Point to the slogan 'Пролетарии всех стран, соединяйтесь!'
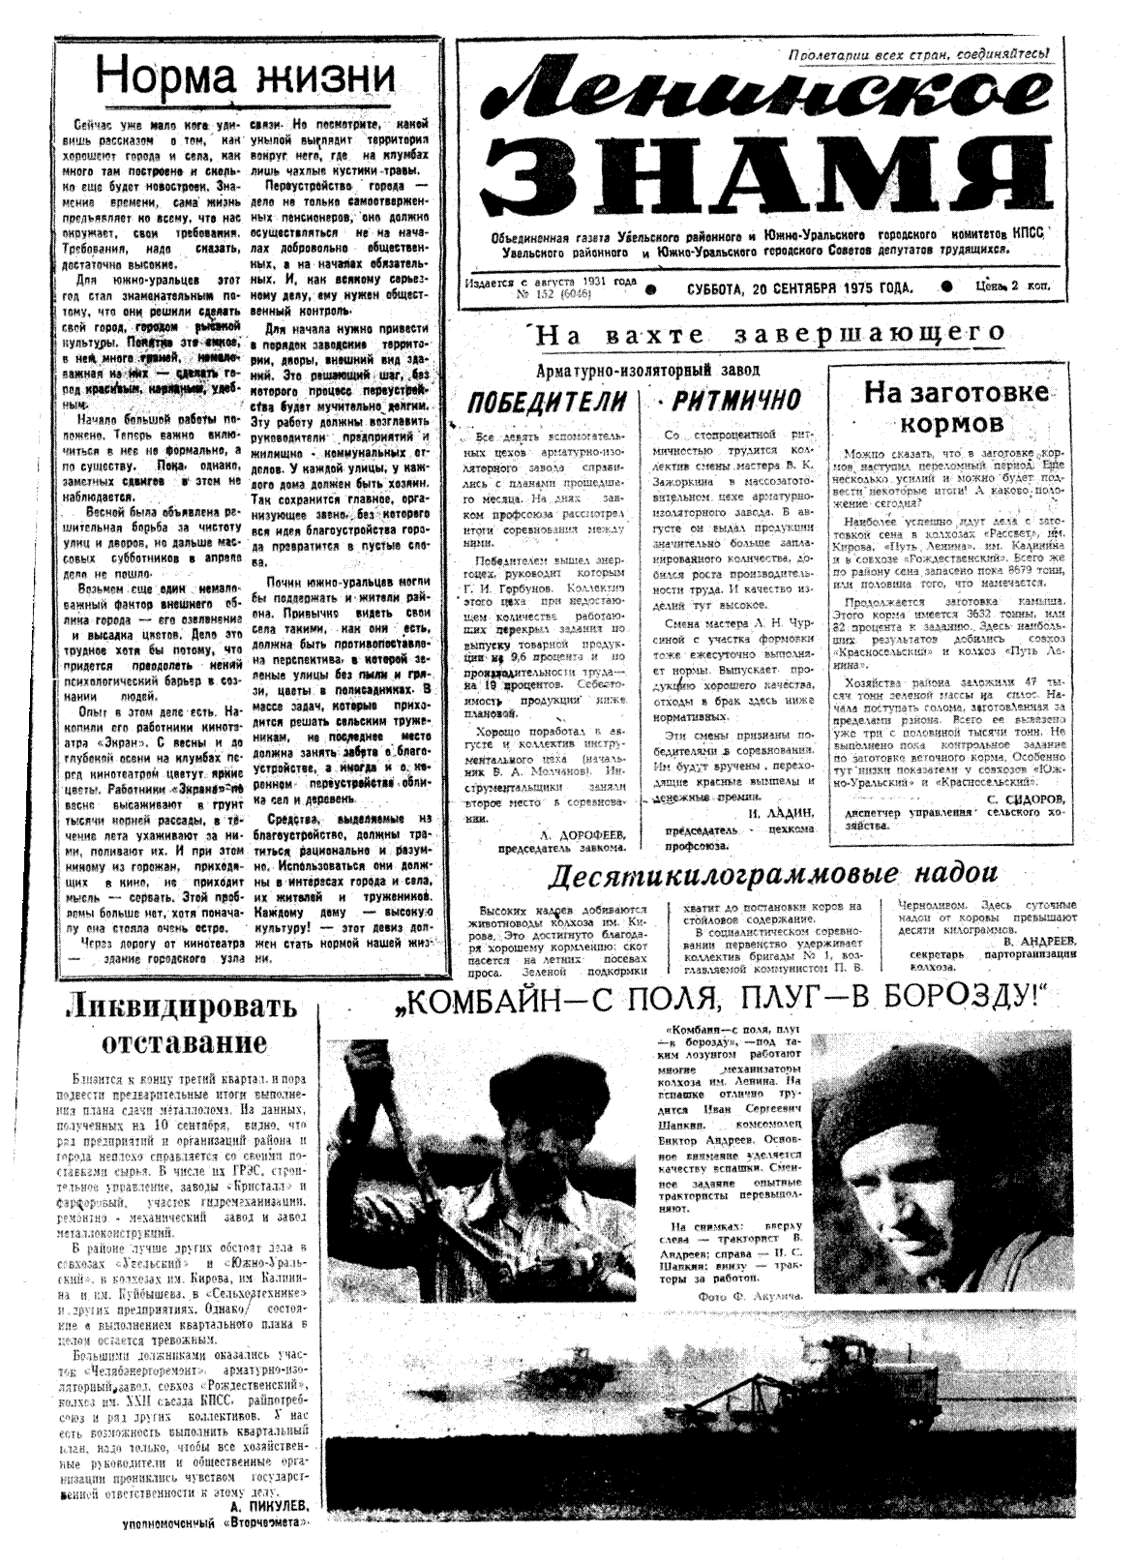pyautogui.click(x=919, y=54)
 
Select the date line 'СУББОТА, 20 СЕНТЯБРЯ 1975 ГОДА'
pyautogui.click(x=799, y=287)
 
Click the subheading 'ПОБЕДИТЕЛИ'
pyautogui.click(x=546, y=400)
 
